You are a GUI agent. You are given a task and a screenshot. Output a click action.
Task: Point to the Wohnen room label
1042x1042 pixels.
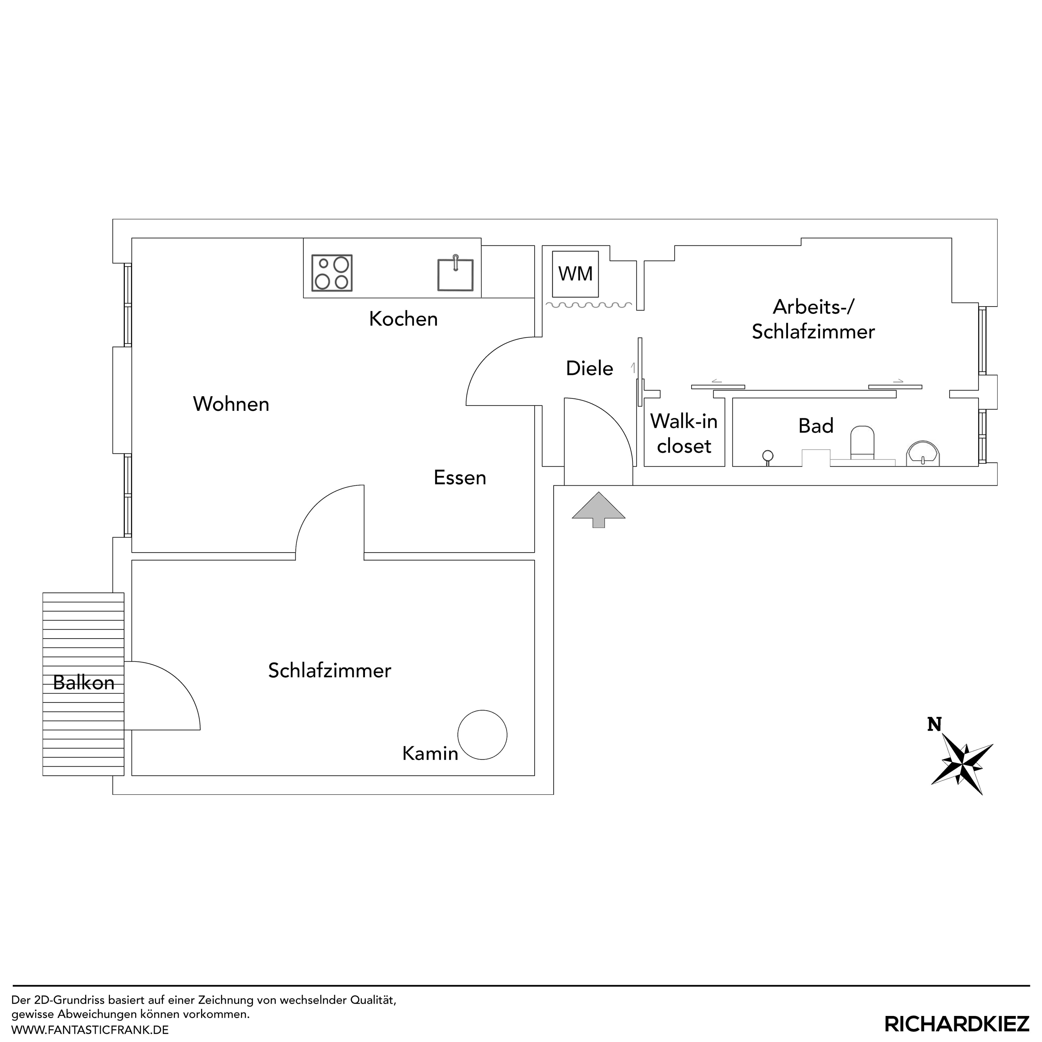(231, 404)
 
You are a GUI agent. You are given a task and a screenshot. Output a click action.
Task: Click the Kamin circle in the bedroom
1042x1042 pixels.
(482, 735)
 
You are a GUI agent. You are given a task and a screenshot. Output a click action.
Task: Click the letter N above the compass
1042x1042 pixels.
(934, 724)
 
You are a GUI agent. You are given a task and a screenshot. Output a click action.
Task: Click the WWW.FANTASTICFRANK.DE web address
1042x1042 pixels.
(90, 1030)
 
